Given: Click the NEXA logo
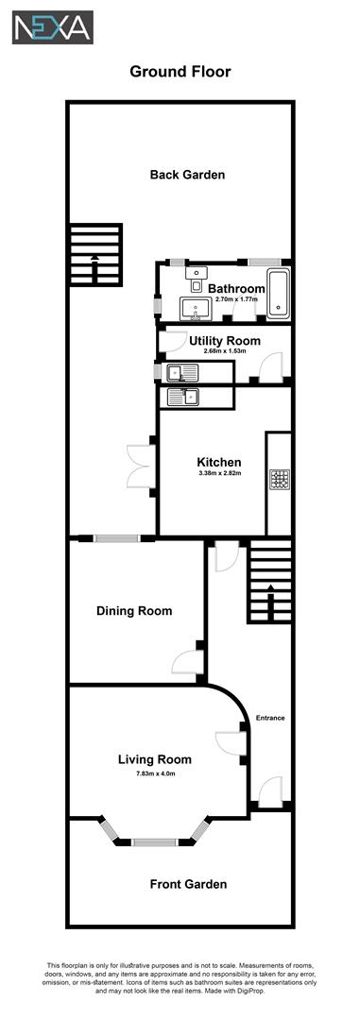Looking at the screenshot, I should pyautogui.click(x=52, y=27).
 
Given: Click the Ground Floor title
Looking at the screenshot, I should pyautogui.click(x=180, y=71).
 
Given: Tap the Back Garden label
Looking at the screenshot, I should pyautogui.click(x=187, y=175).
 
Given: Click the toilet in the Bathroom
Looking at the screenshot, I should pyautogui.click(x=196, y=275).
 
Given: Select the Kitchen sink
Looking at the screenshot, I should pyautogui.click(x=184, y=398).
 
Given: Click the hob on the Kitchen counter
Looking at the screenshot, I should pyautogui.click(x=279, y=481).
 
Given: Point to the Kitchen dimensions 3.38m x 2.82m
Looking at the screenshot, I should pyautogui.click(x=219, y=473).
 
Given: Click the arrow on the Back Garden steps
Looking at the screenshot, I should pyautogui.click(x=94, y=256).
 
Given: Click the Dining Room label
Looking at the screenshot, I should pyautogui.click(x=134, y=611).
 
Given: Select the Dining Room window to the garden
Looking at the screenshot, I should pyautogui.click(x=116, y=538).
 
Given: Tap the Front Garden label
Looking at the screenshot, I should pyautogui.click(x=188, y=884).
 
